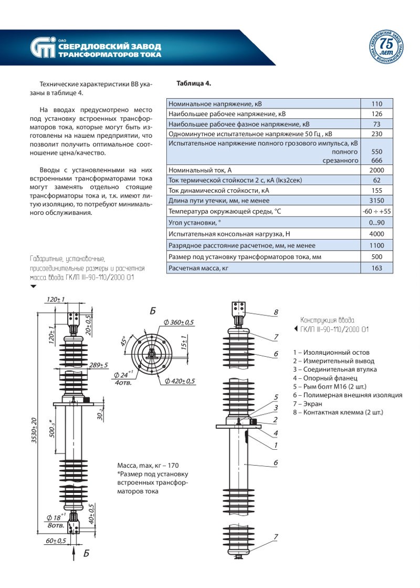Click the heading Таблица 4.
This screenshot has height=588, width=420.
(194, 84)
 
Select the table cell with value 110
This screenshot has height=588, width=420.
(376, 104)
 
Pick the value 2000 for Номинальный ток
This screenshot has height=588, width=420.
(376, 170)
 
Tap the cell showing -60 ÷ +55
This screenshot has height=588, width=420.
(376, 211)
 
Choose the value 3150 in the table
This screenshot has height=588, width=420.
(376, 201)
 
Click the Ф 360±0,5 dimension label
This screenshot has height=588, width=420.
(178, 322)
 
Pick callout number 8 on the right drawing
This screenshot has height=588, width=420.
(275, 312)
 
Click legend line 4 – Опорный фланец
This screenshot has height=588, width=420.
(325, 378)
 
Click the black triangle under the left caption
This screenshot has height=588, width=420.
(34, 286)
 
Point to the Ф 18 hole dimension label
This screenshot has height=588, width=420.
(56, 516)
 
